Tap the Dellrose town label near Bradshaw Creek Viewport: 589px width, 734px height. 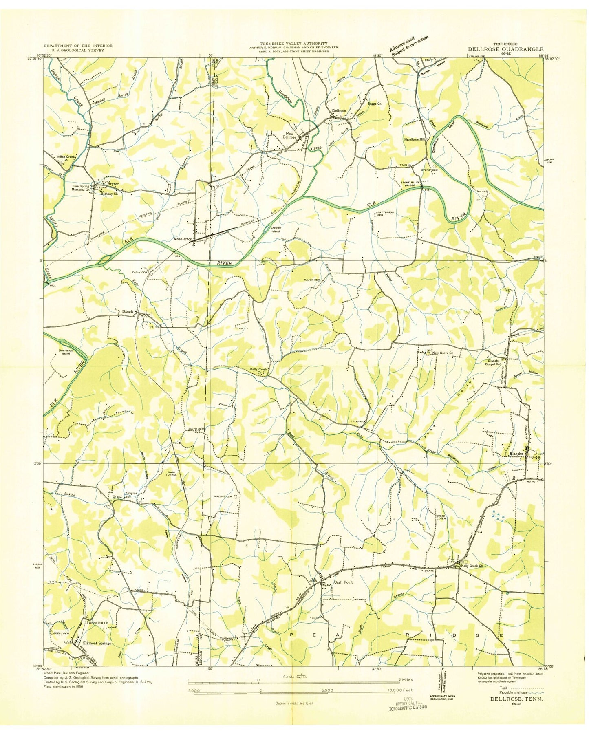click(x=339, y=111)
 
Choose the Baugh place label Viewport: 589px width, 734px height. click(x=128, y=312)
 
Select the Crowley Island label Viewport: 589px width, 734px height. click(x=276, y=229)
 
